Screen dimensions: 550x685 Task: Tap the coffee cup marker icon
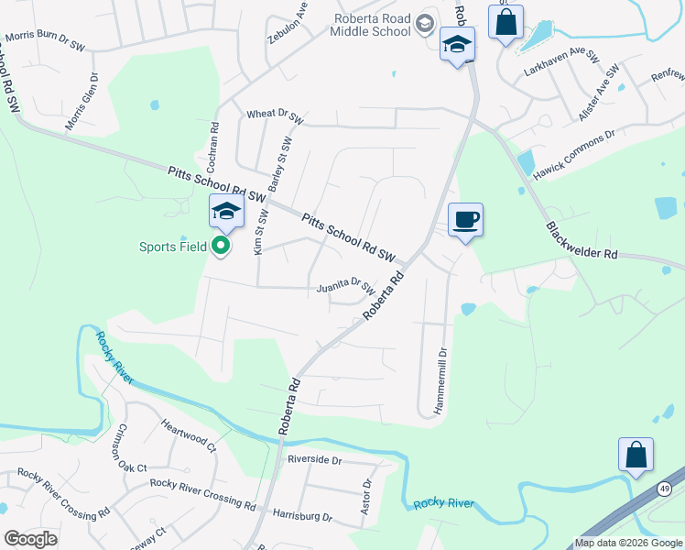click(465, 220)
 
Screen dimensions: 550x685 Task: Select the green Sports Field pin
click(221, 246)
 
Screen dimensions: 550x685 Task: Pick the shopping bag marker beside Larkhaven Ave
click(506, 21)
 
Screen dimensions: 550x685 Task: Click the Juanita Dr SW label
click(346, 288)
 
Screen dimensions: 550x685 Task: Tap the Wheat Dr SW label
click(275, 115)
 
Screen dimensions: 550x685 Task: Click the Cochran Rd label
click(212, 148)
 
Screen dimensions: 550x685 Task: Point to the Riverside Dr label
click(313, 459)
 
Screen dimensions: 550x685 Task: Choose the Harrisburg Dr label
click(302, 517)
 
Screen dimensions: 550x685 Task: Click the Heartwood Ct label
click(188, 434)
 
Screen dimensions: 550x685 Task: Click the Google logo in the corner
click(30, 538)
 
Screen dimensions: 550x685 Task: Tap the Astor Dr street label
click(367, 496)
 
